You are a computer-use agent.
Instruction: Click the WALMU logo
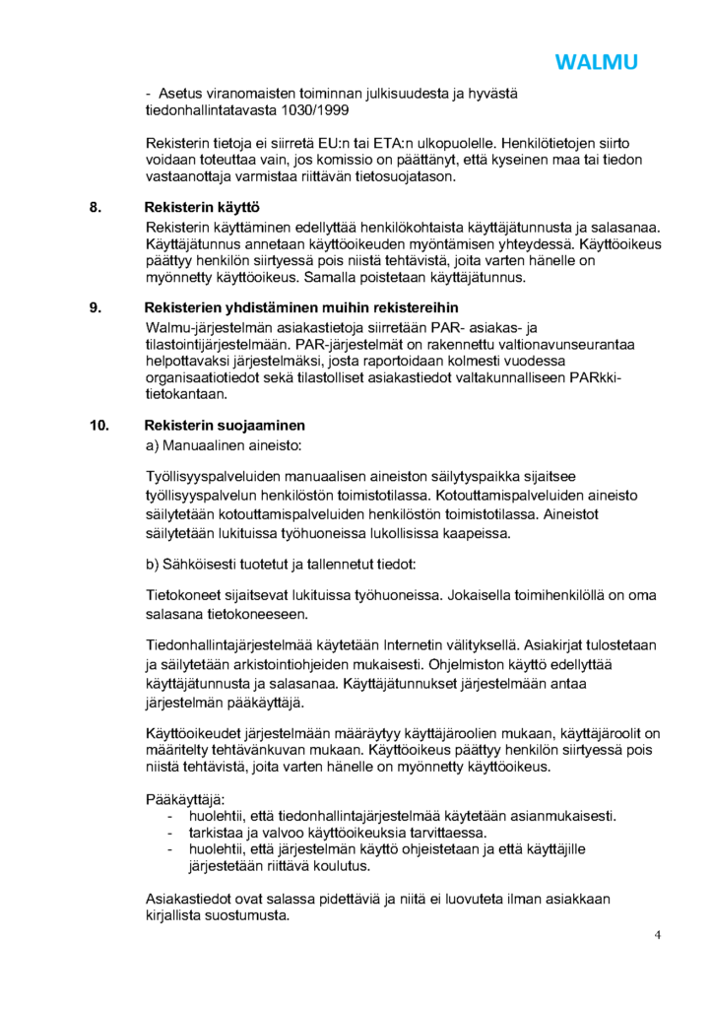(596, 62)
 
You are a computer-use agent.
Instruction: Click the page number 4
(657, 935)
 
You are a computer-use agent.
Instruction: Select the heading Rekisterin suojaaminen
(225, 426)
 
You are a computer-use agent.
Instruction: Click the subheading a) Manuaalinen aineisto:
(223, 446)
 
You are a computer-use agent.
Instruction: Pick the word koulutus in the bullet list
(338, 867)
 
